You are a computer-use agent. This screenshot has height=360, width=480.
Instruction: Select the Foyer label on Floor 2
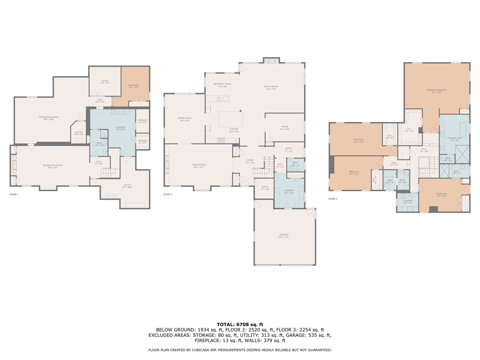(250, 161)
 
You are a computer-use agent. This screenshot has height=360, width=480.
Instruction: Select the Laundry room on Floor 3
(408, 202)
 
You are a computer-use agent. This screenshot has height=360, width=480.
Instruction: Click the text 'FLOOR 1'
(14, 194)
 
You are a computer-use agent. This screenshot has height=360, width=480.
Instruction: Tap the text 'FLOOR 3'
(333, 198)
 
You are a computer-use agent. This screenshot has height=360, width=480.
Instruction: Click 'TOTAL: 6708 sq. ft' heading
(240, 324)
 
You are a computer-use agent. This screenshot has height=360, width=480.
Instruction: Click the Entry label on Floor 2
(288, 150)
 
